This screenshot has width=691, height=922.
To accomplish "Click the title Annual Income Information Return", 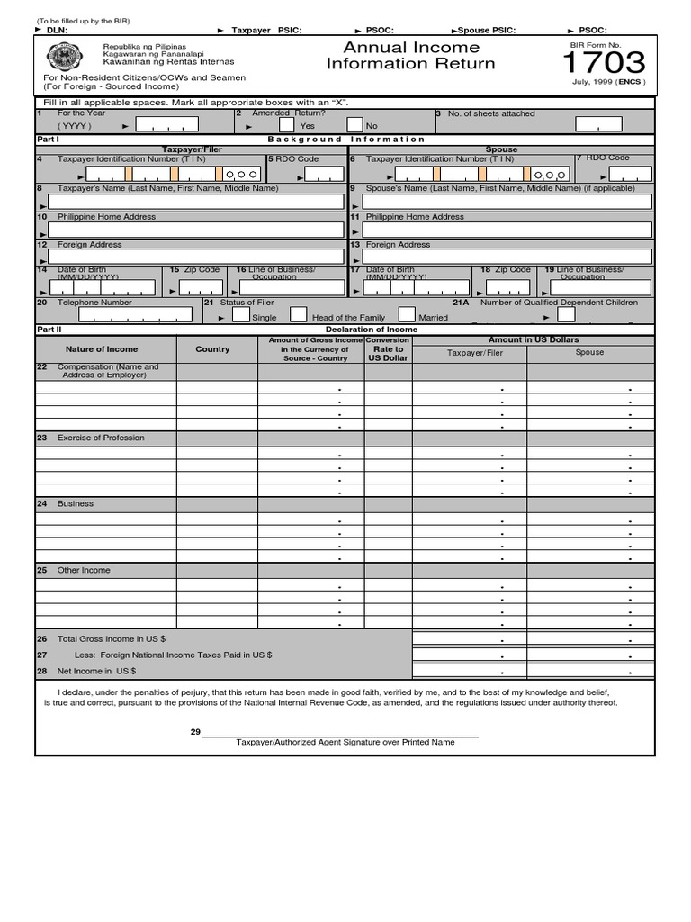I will (x=410, y=55).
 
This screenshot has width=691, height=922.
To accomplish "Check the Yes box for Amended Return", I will (x=286, y=126).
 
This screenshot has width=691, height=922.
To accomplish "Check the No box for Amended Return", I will (x=355, y=126).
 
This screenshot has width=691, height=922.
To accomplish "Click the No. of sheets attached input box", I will (x=598, y=126).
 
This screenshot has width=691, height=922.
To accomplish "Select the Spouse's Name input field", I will (x=507, y=202).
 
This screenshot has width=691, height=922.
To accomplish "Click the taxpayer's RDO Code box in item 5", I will (x=310, y=173).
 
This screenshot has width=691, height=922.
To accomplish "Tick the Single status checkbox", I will (x=241, y=315).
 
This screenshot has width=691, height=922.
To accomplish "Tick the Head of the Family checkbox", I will (x=298, y=315).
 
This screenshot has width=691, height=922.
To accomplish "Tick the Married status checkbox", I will (x=407, y=315).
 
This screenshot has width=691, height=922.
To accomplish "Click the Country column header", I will (x=212, y=349).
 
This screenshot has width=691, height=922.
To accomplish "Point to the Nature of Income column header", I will (x=102, y=349).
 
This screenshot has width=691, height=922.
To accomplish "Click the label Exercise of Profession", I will (x=101, y=438).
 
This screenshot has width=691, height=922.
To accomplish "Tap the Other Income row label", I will (x=84, y=570).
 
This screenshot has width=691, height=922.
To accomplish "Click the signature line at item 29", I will (x=342, y=736).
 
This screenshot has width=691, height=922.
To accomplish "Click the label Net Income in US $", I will (x=96, y=671).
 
